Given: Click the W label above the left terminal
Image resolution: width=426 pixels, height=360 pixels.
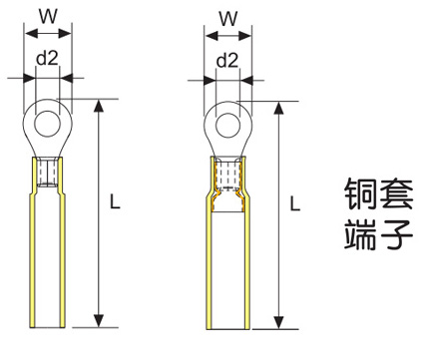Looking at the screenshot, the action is point(48,16).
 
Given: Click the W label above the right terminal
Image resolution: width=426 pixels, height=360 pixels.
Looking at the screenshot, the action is point(228,19).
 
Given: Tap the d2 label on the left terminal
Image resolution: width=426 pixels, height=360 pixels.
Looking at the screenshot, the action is point(47,58).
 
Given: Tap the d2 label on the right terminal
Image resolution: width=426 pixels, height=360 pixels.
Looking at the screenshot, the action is point(227,61).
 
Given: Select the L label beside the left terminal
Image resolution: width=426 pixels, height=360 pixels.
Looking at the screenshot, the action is point(115,201).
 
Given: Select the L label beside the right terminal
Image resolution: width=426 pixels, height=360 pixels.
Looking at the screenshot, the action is point(295,203).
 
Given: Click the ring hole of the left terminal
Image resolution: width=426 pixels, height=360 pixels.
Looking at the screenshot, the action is point(48,124).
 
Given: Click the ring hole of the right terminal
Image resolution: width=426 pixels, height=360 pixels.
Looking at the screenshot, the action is point(227,126).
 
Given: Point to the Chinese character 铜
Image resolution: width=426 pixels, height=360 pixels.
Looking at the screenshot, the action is point(360,193).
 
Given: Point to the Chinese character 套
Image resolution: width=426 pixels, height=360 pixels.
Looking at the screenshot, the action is point(396,193).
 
